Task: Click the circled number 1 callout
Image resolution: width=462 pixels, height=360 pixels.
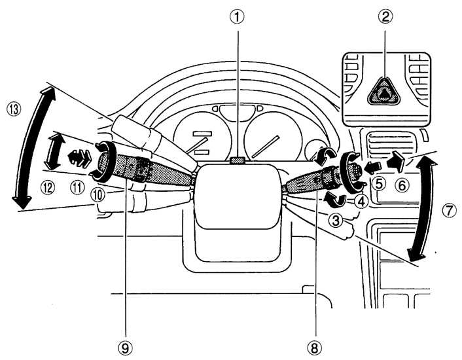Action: point(237,18)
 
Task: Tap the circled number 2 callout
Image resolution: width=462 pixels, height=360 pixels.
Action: point(385,17)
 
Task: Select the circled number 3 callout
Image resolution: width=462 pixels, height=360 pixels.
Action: point(336,220)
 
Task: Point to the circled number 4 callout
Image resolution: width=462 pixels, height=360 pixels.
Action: point(361,202)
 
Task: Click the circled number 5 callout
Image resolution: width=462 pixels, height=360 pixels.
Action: point(379,184)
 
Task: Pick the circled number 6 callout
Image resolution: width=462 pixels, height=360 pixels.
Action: point(402,186)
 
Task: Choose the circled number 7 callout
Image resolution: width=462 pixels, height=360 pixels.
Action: point(449,211)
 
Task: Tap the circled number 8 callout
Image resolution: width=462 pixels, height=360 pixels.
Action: point(315,349)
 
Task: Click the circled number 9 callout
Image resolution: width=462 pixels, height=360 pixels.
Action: point(126,349)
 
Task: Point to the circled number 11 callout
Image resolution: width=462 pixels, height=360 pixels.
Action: point(77,187)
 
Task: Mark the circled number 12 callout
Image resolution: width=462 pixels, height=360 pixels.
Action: point(48,187)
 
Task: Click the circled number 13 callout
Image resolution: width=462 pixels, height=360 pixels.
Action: point(14,109)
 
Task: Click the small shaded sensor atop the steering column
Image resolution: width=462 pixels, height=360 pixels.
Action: point(238,160)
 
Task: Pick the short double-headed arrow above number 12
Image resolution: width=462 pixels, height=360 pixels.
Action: point(54,151)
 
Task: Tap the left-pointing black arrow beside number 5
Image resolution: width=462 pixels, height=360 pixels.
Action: point(372,168)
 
